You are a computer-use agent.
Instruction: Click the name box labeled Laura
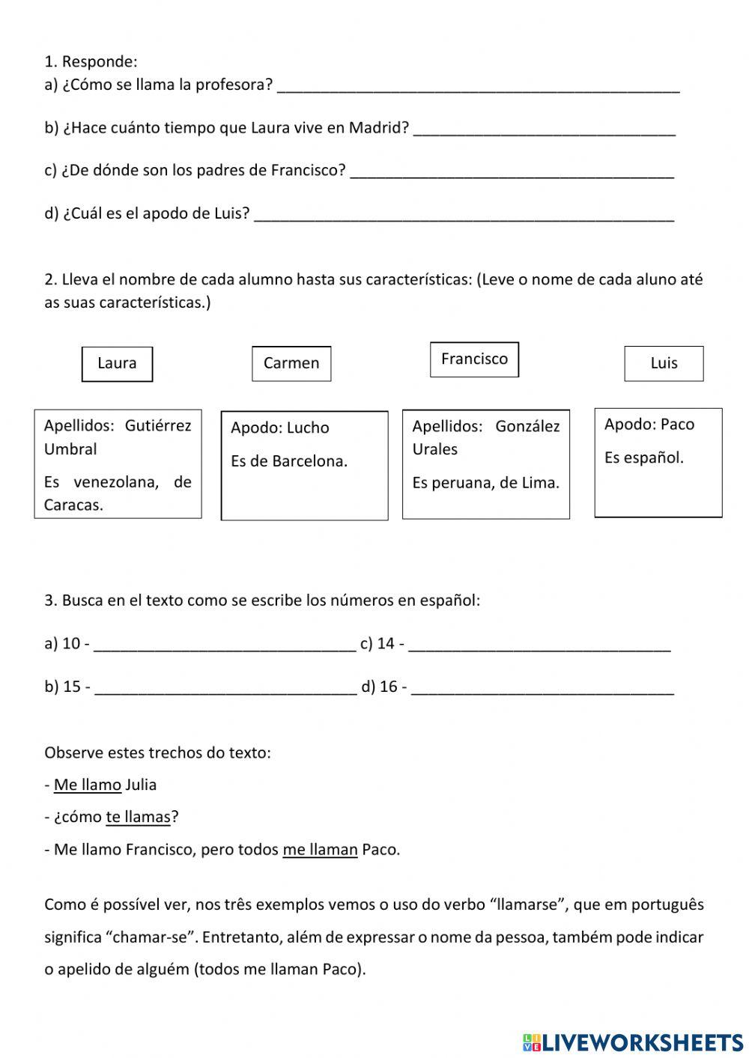117,364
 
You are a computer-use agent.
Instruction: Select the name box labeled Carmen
291,363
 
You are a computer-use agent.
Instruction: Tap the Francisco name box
474,359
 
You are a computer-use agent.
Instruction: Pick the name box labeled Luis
664,363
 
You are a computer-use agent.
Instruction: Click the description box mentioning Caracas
118,464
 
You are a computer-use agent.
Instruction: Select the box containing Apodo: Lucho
304,465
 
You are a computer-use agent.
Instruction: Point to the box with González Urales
485,464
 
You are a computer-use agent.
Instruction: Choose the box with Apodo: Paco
658,462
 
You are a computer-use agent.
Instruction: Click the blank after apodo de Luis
464,215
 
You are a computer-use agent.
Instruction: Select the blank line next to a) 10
225,645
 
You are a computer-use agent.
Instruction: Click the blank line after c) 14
539,645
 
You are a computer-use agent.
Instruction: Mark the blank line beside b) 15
226,688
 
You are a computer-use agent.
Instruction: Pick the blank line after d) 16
542,688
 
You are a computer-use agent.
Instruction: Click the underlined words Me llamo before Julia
88,785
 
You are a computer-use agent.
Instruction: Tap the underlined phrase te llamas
138,818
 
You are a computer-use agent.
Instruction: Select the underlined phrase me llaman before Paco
320,850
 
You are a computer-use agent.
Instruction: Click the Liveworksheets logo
632,1042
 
